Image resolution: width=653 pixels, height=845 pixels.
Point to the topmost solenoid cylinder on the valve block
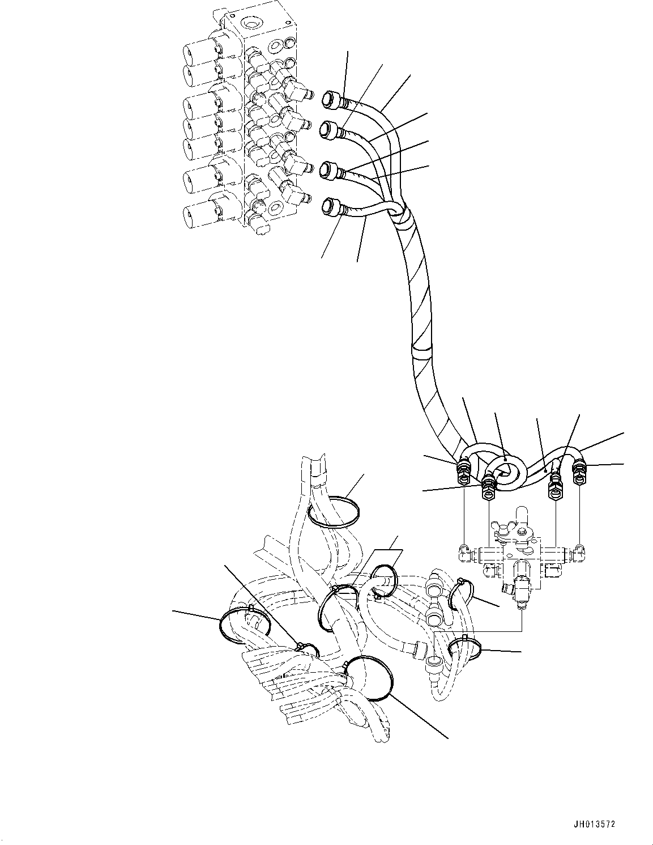(x=198, y=54)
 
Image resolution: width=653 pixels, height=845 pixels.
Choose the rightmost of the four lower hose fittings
(x=580, y=473)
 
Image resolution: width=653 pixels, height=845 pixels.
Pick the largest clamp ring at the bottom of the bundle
(x=369, y=677)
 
